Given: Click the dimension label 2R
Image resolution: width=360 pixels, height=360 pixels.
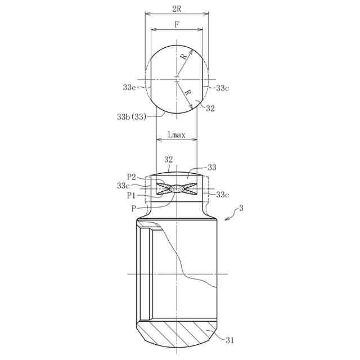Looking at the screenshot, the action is tap(177, 9).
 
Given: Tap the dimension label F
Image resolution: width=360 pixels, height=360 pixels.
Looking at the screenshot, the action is tap(177, 24).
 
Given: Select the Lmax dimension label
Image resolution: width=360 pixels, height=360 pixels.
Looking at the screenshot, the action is tap(177, 135).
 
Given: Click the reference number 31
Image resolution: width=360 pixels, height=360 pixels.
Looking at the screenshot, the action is tap(229, 340).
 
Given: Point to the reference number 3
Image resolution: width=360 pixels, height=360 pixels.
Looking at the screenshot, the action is tap(241, 208).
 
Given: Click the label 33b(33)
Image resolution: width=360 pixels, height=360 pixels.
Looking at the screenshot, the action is tap(132, 117).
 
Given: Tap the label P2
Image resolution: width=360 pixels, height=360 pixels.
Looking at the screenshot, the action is tap(132, 177).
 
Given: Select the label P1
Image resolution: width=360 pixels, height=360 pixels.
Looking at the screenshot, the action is tap(131, 196).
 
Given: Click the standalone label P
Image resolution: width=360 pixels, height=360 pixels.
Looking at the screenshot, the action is tap(134, 209).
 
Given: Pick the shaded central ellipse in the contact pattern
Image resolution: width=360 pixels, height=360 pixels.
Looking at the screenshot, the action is tap(177, 188).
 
